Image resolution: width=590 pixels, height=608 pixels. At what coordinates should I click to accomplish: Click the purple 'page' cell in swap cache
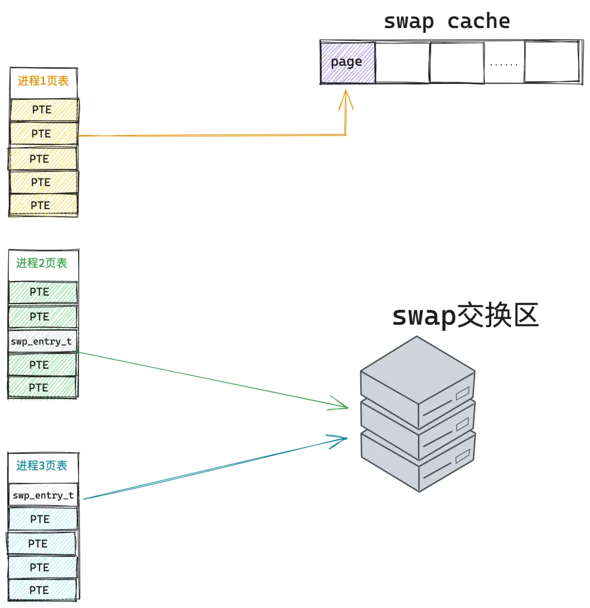tap(348, 62)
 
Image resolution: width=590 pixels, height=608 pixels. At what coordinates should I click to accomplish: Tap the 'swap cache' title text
tap(447, 21)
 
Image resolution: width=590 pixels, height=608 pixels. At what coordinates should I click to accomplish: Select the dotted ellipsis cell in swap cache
tap(504, 62)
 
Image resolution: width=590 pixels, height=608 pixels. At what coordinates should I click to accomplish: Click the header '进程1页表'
tap(43, 81)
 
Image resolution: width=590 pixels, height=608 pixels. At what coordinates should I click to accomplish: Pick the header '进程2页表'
tap(42, 263)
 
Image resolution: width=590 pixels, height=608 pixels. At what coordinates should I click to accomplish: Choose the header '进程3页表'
tap(42, 466)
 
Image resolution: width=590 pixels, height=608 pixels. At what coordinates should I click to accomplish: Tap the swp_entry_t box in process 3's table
tap(43, 495)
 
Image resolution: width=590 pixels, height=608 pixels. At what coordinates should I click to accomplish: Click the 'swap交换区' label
tap(465, 316)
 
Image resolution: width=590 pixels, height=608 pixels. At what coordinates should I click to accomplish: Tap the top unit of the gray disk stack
tap(417, 380)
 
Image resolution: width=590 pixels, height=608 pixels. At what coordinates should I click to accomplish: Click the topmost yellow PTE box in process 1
tap(44, 110)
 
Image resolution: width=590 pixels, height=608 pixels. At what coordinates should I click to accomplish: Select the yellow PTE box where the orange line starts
tap(44, 134)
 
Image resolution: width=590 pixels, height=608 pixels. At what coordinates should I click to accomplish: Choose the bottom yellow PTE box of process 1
tap(43, 205)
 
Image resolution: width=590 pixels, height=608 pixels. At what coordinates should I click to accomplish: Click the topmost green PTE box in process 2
tap(43, 292)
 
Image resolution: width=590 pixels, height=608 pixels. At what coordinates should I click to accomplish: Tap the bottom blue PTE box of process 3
tap(42, 590)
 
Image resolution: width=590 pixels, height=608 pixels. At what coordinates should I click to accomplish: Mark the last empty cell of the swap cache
tap(552, 62)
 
